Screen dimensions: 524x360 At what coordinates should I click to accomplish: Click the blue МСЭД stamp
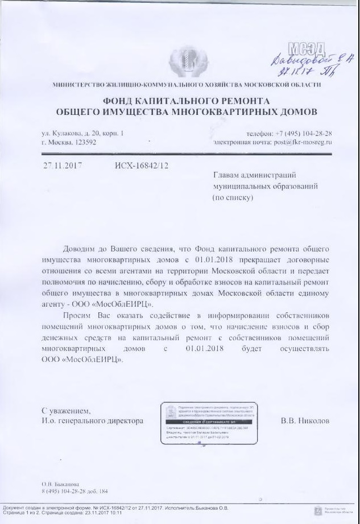(307, 48)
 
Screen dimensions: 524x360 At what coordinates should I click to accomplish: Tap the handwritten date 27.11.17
(289, 73)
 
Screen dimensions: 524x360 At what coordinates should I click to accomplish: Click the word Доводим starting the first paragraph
(80, 250)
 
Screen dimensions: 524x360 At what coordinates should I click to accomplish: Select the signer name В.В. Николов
(305, 422)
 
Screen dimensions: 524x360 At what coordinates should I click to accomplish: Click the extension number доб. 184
(98, 491)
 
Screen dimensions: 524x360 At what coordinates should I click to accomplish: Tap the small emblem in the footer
(317, 511)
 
